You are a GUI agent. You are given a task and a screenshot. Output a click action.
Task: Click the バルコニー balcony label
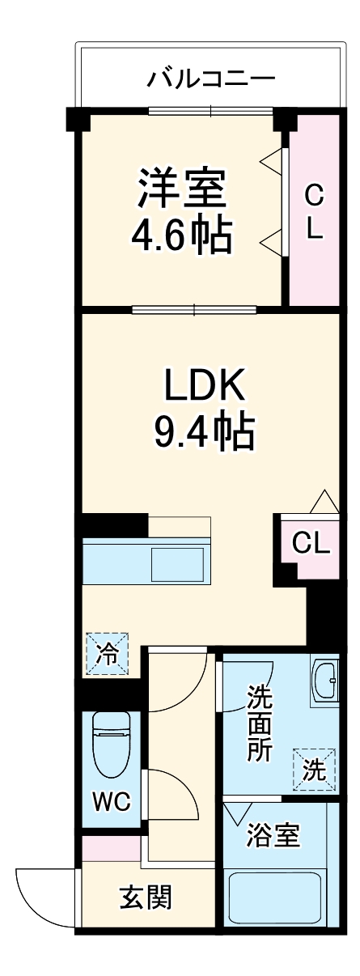pyautogui.click(x=211, y=79)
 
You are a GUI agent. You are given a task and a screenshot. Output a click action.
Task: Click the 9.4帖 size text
pyautogui.click(x=205, y=434)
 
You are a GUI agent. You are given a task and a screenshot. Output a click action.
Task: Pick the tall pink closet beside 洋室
pyautogui.click(x=314, y=210)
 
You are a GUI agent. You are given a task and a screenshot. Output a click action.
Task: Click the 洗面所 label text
pyautogui.click(x=259, y=722)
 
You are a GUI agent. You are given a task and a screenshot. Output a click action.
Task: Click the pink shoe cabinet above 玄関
pyautogui.click(x=111, y=849)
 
